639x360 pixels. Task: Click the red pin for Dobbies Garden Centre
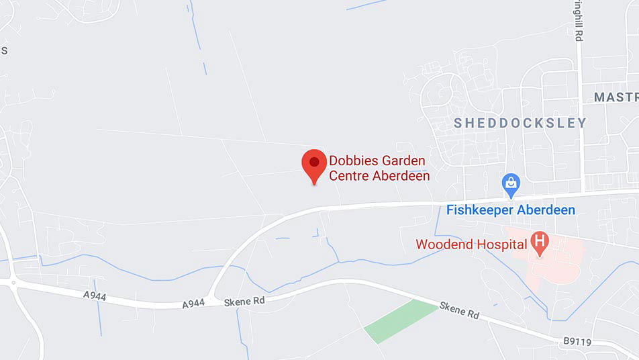click(314, 163)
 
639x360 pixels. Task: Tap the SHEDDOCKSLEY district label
click(520, 124)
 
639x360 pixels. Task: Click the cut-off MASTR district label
click(616, 97)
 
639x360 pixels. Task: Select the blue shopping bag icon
click(511, 183)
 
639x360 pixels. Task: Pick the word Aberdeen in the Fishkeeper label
click(546, 210)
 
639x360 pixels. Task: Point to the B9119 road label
click(577, 342)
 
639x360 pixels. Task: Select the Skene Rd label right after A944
click(245, 301)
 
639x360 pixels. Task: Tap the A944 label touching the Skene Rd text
click(193, 304)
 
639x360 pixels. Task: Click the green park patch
click(401, 320)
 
